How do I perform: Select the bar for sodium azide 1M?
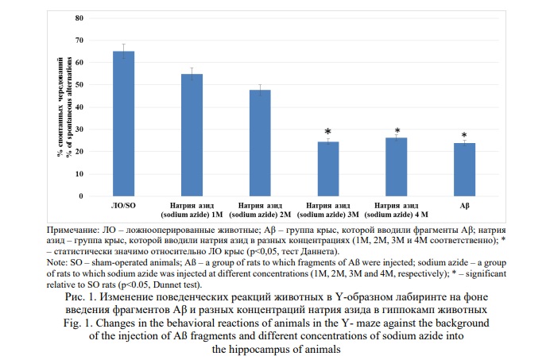coord(192,135)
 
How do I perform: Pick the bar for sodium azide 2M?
coord(260,143)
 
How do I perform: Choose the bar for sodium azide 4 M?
coord(396,167)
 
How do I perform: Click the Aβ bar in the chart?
coord(464,169)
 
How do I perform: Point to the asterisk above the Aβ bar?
coord(464,135)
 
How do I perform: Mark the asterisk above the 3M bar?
coord(327,131)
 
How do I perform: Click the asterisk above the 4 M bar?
coord(397,131)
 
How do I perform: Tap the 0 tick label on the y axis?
coord(80,196)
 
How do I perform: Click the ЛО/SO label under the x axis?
coord(123,206)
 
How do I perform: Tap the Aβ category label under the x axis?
coord(464,206)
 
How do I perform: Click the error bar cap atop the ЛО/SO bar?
coord(123,45)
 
